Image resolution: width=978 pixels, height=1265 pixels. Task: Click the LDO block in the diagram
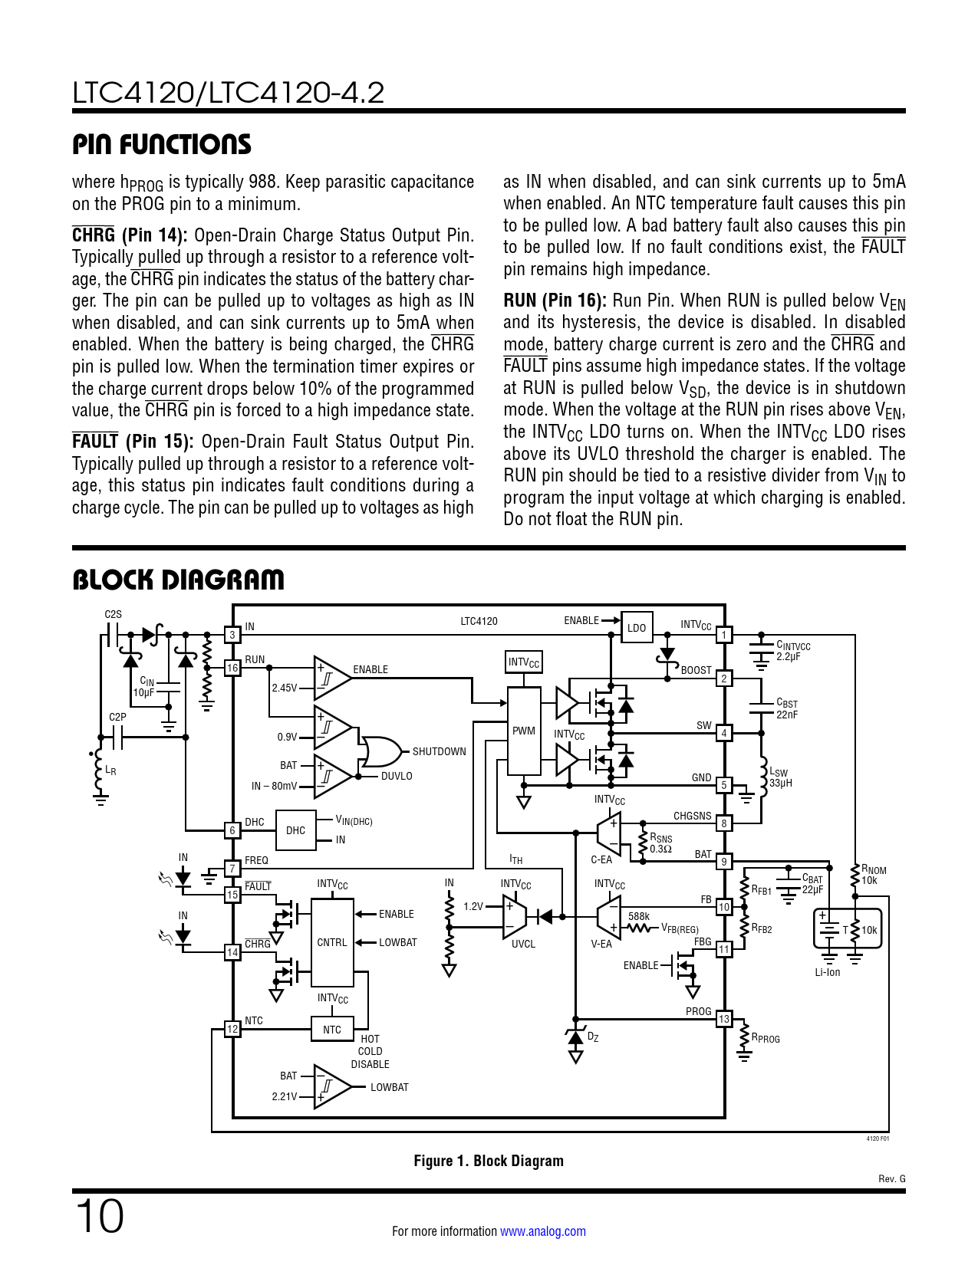(637, 627)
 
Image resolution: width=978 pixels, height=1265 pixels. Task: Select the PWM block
(524, 731)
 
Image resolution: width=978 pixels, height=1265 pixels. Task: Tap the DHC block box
(295, 830)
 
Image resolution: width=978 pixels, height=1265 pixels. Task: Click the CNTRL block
(331, 942)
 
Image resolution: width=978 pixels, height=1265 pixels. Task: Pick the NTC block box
(331, 1030)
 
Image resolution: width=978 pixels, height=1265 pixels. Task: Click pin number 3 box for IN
(232, 635)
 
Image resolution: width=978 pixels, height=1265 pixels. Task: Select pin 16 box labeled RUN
(232, 668)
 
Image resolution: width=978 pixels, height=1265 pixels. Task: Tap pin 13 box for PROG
(723, 1019)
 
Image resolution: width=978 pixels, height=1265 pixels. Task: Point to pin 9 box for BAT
(723, 862)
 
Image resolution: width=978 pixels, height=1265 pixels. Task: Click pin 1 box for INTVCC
(723, 635)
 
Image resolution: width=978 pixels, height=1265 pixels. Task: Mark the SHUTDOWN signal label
(439, 751)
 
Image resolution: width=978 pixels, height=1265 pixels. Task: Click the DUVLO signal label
(397, 776)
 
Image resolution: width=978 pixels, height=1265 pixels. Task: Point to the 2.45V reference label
(284, 688)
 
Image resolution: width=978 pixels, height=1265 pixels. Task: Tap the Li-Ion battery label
(827, 972)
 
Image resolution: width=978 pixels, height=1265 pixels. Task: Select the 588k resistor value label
(638, 916)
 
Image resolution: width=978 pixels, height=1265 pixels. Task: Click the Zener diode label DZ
(592, 1037)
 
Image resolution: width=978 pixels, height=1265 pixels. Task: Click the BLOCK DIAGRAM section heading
(178, 580)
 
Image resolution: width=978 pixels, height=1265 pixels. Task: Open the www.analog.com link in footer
(542, 1231)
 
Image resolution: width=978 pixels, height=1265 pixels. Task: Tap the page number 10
(99, 1217)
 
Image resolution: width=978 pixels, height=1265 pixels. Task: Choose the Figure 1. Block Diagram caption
(489, 1161)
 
